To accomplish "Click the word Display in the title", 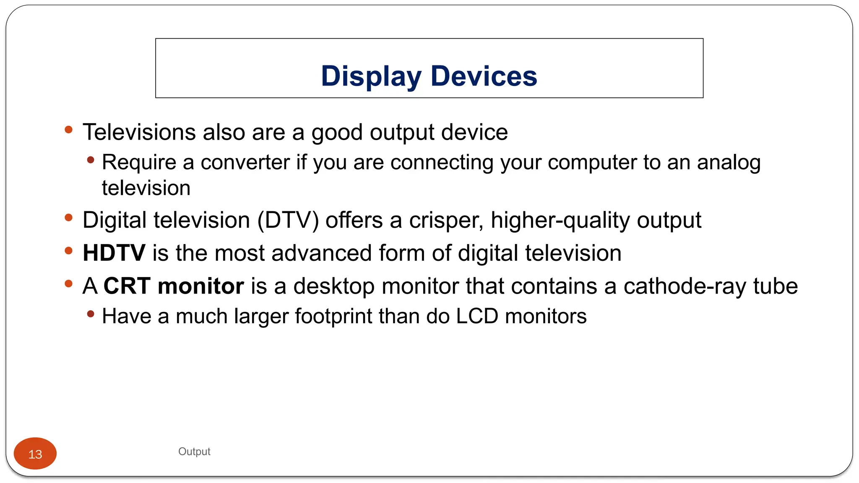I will [x=371, y=76].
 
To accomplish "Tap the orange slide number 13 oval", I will [x=35, y=454].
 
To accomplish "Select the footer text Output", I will [x=194, y=452].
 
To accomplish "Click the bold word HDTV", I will [x=114, y=253].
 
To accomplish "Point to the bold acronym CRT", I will [x=127, y=286].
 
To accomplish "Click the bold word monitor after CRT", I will [x=201, y=286].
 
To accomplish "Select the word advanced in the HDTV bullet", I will [x=322, y=253].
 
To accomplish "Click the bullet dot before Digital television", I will [x=69, y=218].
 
